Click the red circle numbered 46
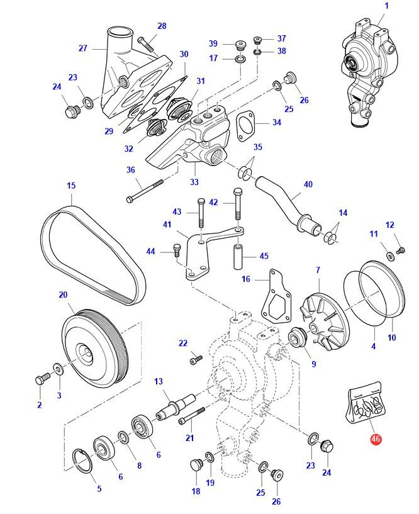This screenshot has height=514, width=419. click(x=376, y=440)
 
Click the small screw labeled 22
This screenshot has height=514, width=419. click(x=195, y=360)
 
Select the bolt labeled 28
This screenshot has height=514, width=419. click(x=147, y=45)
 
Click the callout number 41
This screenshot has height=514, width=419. click(x=167, y=225)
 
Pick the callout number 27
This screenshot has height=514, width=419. click(x=82, y=48)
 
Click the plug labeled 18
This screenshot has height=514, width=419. click(x=195, y=466)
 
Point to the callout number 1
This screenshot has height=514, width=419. click(x=386, y=6)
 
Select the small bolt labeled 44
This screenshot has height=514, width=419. click(x=176, y=252)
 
